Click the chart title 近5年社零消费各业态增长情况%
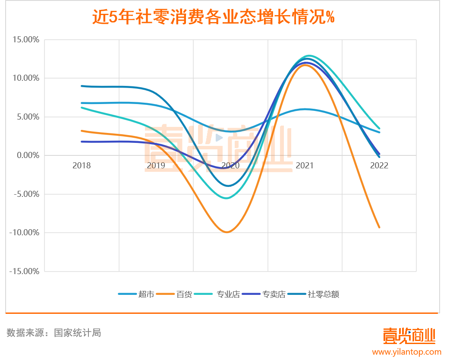tap(214, 18)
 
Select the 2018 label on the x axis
tap(82, 166)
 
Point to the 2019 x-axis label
tap(156, 166)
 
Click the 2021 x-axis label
tap(305, 166)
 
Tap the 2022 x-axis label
tap(379, 166)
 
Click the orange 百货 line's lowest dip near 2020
tap(227, 232)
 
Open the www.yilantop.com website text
tap(407, 352)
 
